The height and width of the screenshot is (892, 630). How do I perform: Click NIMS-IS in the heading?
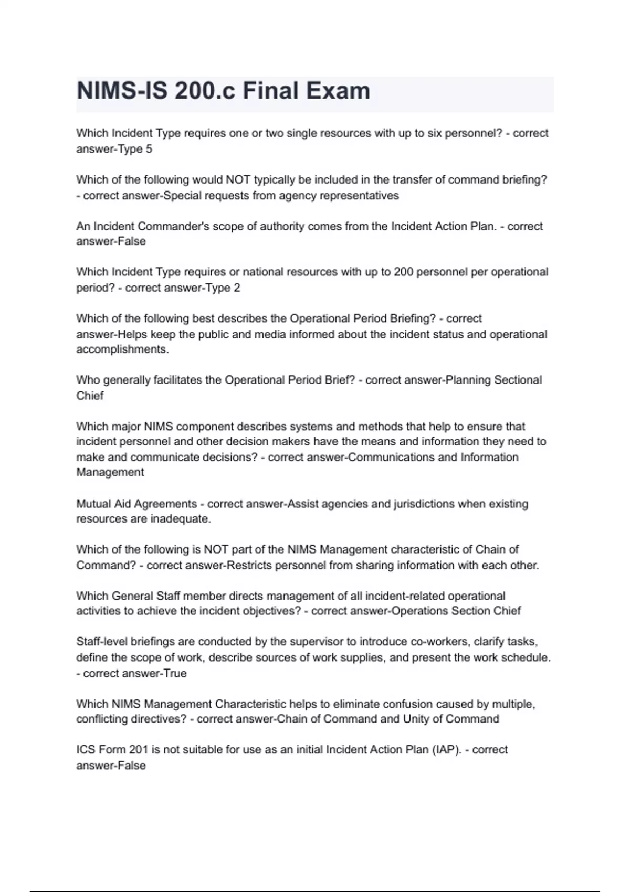click(122, 91)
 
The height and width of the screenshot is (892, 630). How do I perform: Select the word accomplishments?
click(122, 349)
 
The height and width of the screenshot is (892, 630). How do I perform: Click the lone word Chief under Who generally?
click(90, 396)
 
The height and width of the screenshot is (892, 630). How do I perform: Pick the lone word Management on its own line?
click(110, 472)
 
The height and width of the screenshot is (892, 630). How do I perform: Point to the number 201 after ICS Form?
click(139, 750)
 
